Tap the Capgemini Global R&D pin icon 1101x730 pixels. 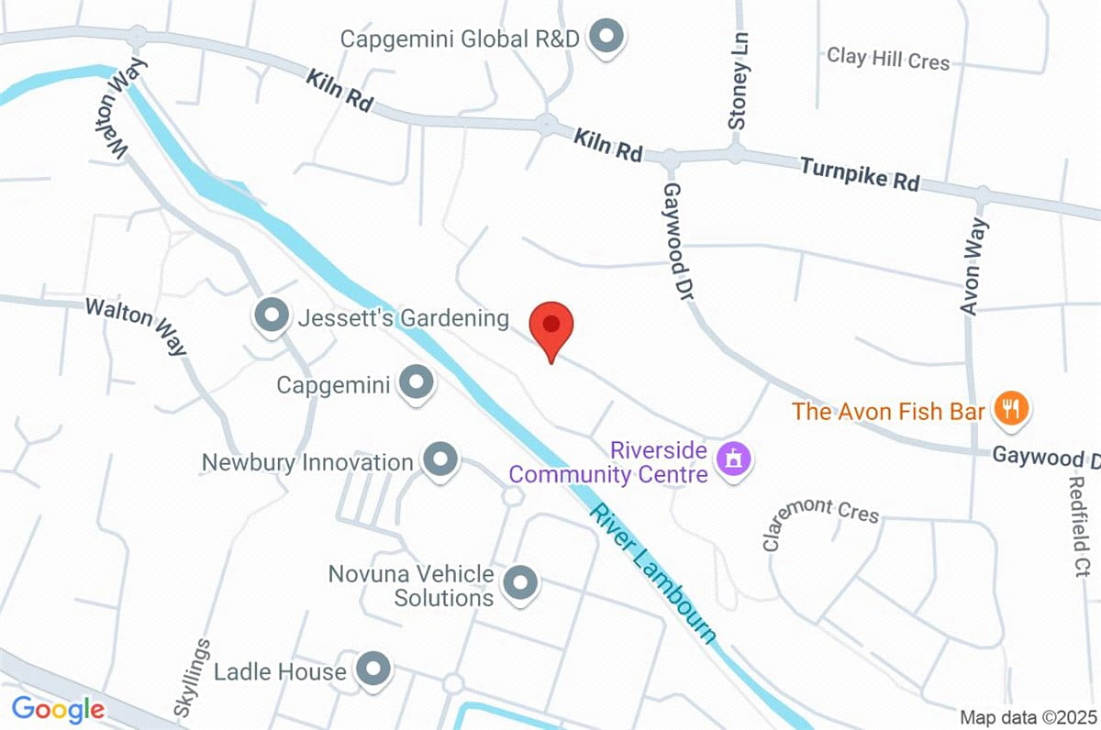[606, 39]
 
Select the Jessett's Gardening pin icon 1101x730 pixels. [271, 316]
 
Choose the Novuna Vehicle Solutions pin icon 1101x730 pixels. [521, 582]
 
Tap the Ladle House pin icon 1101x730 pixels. [373, 670]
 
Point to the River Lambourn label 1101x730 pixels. [652, 573]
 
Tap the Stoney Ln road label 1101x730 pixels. [739, 93]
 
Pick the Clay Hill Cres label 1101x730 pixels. [888, 58]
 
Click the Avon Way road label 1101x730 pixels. [973, 267]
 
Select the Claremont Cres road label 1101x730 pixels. [820, 521]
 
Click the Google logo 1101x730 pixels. [57, 708]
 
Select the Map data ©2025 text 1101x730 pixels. [1028, 716]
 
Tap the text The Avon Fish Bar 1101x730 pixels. [888, 411]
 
